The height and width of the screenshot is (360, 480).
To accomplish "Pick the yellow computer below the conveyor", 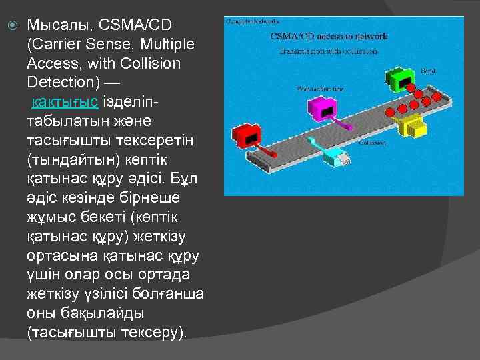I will (409, 125).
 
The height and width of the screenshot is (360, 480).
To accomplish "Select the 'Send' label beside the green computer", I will (428, 70).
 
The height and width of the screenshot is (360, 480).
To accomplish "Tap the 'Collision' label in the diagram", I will (371, 143).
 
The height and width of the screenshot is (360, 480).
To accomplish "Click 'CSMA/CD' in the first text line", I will (135, 25).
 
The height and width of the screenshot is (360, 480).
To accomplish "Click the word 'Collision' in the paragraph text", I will (153, 64).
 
